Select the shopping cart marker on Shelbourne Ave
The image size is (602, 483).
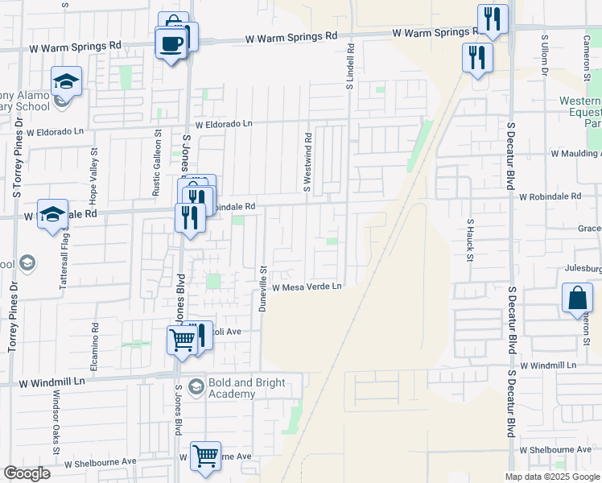click(205, 456)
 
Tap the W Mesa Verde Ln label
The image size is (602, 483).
click(307, 287)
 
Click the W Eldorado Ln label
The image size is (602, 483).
click(224, 124)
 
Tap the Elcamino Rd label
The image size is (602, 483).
click(94, 344)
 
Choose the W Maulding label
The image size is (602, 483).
click(575, 153)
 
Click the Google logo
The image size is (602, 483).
click(27, 473)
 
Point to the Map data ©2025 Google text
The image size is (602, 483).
click(551, 477)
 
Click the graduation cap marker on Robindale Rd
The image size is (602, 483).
click(52, 215)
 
